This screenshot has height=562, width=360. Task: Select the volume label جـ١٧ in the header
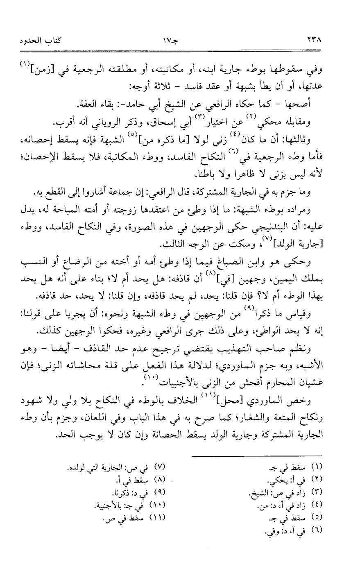tap(179, 41)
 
